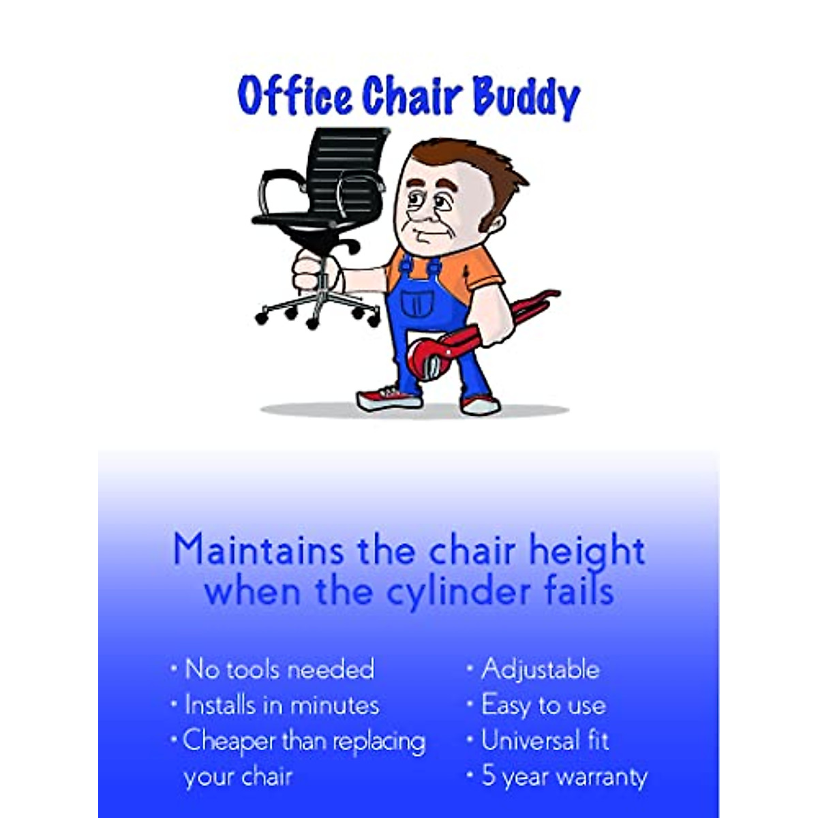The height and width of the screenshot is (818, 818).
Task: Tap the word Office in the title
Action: tap(295, 95)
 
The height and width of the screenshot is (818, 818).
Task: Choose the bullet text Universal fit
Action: tap(545, 740)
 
